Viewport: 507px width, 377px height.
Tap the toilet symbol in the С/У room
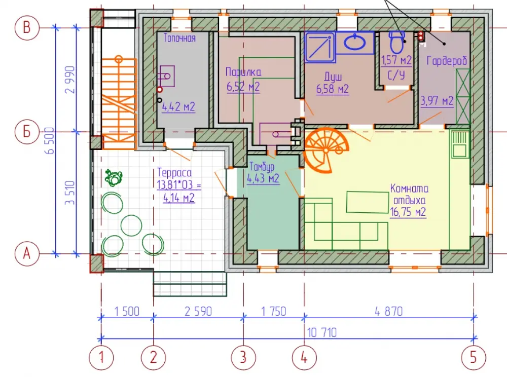pyautogui.click(x=397, y=43)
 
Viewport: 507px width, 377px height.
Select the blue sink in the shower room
pyautogui.click(x=355, y=42)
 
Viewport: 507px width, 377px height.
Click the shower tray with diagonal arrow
pyautogui.click(x=320, y=47)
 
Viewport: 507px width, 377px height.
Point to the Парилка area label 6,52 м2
pyautogui.click(x=243, y=87)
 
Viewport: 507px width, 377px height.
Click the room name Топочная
pyautogui.click(x=179, y=38)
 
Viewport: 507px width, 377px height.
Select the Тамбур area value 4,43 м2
pyautogui.click(x=263, y=178)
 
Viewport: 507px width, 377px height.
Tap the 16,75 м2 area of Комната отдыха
pyautogui.click(x=408, y=212)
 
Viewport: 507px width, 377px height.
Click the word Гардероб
pyautogui.click(x=447, y=60)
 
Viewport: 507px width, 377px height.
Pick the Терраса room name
pyautogui.click(x=174, y=173)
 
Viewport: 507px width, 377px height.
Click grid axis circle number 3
pyautogui.click(x=243, y=357)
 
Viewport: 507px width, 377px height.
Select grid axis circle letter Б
pyautogui.click(x=27, y=132)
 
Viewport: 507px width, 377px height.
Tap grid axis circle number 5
pyautogui.click(x=474, y=357)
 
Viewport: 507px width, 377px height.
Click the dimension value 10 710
pyautogui.click(x=322, y=332)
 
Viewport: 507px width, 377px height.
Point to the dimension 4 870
pyautogui.click(x=389, y=312)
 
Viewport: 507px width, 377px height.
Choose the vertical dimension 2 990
pyautogui.click(x=70, y=80)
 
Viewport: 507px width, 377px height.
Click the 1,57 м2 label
pyautogui.click(x=396, y=60)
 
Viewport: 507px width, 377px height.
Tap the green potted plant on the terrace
pyautogui.click(x=114, y=177)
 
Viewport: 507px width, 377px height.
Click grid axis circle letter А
pyautogui.click(x=27, y=254)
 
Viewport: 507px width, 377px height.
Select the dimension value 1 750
pyautogui.click(x=274, y=312)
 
